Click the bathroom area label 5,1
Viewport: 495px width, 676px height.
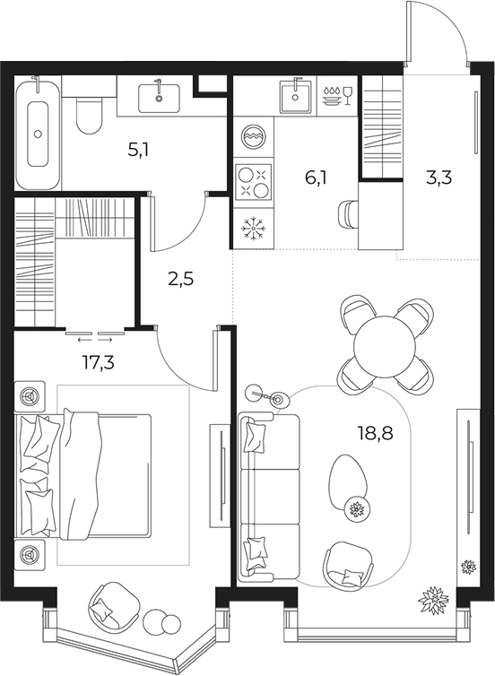click(x=138, y=151)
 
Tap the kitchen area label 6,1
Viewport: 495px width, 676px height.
click(x=316, y=178)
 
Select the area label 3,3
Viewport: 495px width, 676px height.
click(x=439, y=178)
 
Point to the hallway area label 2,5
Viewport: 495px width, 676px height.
click(x=181, y=280)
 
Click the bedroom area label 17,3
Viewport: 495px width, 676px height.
click(x=99, y=363)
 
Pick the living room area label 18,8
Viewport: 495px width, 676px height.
click(x=376, y=432)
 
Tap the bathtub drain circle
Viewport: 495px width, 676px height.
click(x=38, y=134)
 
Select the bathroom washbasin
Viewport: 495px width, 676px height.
click(x=159, y=99)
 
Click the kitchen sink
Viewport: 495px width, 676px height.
click(x=295, y=98)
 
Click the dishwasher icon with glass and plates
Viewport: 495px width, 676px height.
click(x=337, y=96)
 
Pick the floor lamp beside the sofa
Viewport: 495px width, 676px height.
click(x=268, y=395)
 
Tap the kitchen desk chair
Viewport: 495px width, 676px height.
click(x=349, y=214)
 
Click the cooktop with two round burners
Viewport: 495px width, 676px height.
click(x=254, y=184)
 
